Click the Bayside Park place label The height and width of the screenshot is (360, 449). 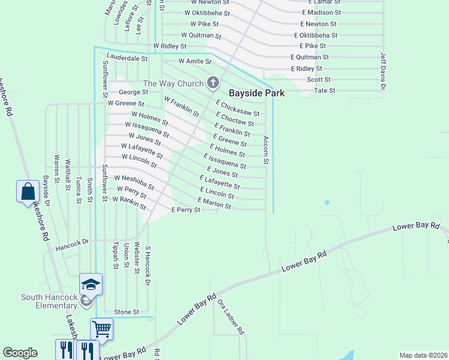pos(256,93)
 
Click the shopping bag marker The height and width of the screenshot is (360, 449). pos(28,192)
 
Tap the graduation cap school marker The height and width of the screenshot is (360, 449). pos(91,284)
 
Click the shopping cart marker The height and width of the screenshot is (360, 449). pos(102,328)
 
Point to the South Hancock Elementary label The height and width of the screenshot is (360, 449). pos(49,301)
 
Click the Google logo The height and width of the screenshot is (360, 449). pos(20,353)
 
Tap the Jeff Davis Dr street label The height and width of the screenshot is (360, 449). pos(382,70)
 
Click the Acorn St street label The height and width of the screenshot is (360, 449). pos(265,150)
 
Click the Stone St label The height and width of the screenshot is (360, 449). pos(127,312)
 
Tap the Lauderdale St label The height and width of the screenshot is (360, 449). pos(127,59)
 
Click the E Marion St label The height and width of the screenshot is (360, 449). pos(214,203)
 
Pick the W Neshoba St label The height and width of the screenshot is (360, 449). pos(134,182)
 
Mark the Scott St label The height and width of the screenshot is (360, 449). pos(319,79)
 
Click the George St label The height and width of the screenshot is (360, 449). pos(133,92)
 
